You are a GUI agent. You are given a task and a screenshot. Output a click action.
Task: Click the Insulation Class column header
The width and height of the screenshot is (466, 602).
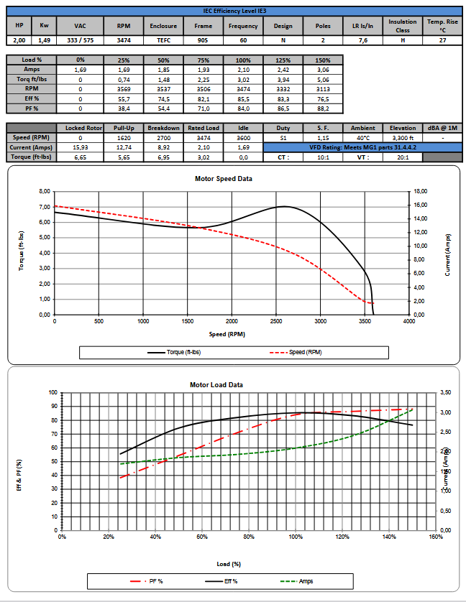click(x=402, y=26)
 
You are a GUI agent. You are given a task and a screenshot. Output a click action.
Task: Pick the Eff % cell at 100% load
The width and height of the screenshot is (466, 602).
click(x=243, y=98)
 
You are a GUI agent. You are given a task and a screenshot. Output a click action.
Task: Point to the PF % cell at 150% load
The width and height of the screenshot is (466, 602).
click(x=323, y=108)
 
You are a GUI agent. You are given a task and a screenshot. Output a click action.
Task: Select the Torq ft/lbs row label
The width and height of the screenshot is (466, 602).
click(x=32, y=79)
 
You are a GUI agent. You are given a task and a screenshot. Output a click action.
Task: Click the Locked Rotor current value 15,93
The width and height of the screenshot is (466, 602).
click(x=80, y=147)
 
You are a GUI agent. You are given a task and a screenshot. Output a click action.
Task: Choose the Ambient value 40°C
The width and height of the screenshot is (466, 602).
click(x=362, y=137)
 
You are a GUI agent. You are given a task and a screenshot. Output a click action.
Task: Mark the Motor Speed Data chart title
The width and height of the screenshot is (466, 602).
click(x=224, y=179)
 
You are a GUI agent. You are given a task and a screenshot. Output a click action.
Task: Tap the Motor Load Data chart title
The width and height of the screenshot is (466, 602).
click(x=216, y=385)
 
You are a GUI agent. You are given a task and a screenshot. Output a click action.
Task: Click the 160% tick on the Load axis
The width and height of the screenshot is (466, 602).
click(x=436, y=537)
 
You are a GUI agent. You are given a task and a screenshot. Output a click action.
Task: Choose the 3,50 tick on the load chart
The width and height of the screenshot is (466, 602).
click(x=447, y=392)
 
